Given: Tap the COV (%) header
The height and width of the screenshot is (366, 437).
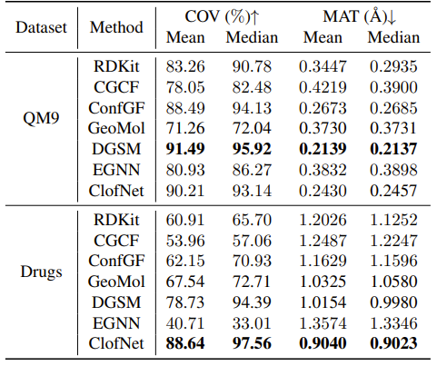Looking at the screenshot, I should pyautogui.click(x=220, y=16).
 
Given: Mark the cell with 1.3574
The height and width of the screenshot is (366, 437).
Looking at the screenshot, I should pyautogui.click(x=323, y=322).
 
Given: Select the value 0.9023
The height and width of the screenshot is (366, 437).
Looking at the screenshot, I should pyautogui.click(x=393, y=342).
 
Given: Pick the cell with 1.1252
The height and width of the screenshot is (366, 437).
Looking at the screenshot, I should pyautogui.click(x=393, y=222).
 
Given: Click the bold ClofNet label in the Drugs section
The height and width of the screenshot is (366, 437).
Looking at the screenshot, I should pyautogui.click(x=116, y=342).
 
